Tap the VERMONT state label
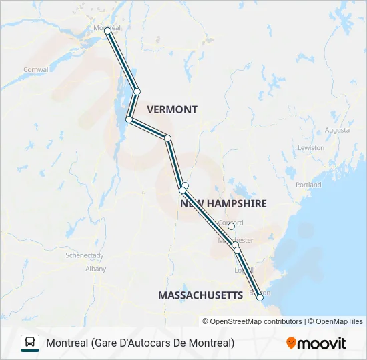tap(172, 109)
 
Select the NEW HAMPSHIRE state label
tap(223, 203)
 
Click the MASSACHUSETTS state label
tap(200, 295)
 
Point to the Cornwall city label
tap(37, 69)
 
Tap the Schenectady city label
tap(84, 255)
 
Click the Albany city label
tap(95, 269)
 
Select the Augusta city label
tap(337, 130)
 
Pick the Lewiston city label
tap(311, 147)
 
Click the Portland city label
tap(308, 185)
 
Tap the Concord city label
tap(231, 223)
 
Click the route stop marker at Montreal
tap(107, 31)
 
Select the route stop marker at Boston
tap(260, 298)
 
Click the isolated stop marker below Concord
tap(231, 227)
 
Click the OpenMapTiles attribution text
tap(336, 321)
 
